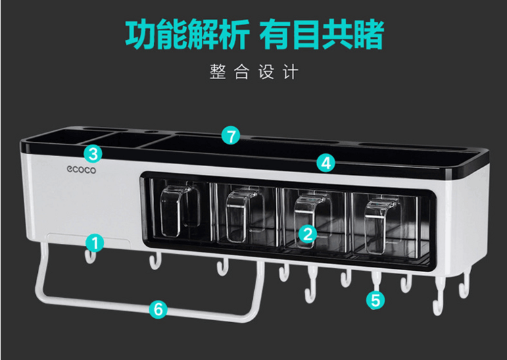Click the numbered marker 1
click(x=95, y=242)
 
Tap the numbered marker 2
click(x=308, y=234)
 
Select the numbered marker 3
click(x=93, y=153)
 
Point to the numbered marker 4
click(x=326, y=162)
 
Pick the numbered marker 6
click(x=158, y=309)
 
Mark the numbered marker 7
click(x=232, y=136)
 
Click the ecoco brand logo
click(x=82, y=170)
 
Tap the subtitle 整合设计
click(x=254, y=72)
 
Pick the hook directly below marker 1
click(x=90, y=257)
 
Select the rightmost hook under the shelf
click(x=464, y=286)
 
